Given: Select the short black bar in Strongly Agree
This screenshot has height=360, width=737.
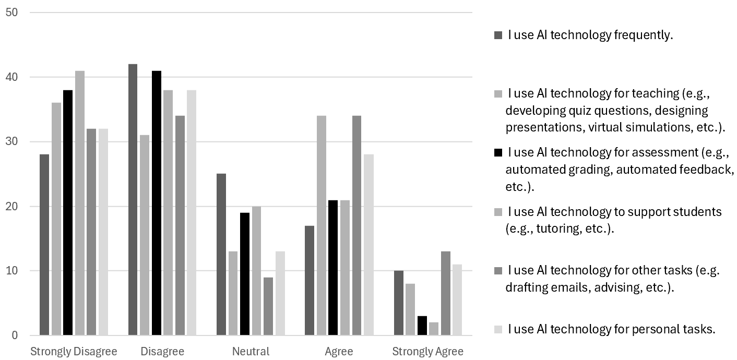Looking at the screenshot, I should [x=422, y=326].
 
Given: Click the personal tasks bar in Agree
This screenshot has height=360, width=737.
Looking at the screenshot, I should [x=368, y=245].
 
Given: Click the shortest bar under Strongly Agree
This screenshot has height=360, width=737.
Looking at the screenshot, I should [x=434, y=329].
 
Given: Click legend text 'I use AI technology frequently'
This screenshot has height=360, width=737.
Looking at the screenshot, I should [x=590, y=35].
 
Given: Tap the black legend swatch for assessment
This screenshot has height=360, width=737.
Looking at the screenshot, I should [x=498, y=153].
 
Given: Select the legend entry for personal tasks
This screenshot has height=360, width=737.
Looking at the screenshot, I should [x=611, y=329].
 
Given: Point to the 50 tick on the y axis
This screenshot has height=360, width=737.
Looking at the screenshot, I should [x=12, y=13].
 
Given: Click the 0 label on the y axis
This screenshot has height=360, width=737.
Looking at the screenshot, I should [x=15, y=335].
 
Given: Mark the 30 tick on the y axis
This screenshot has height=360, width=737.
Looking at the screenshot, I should [x=12, y=142].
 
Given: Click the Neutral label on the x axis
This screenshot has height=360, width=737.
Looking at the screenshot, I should [x=251, y=352].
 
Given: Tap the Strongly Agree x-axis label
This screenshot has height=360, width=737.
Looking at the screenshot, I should [x=427, y=352].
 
